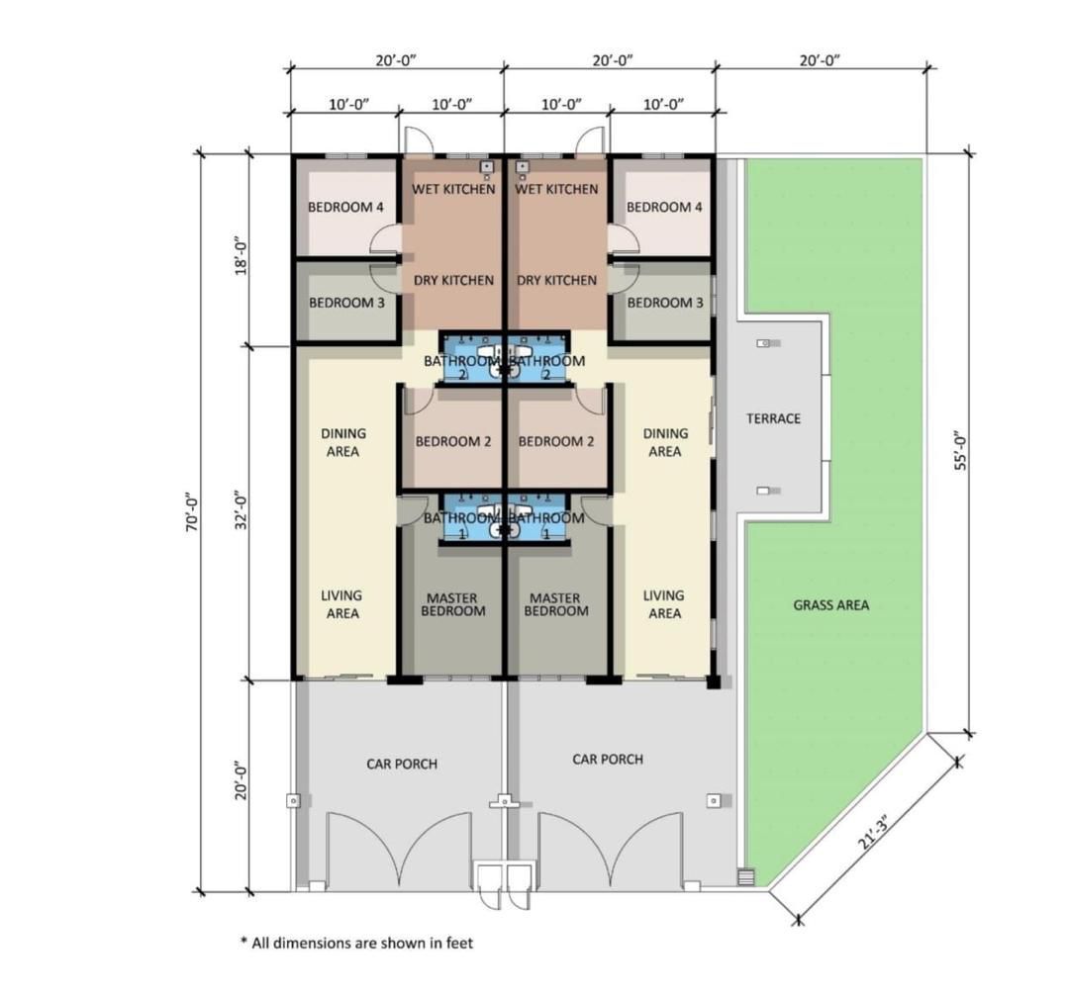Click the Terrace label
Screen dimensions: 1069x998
[773, 418]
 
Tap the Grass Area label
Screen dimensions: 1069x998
[831, 605]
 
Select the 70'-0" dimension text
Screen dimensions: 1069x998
[193, 511]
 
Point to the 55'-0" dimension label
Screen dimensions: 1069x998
[960, 450]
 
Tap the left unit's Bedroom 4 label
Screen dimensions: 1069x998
[345, 207]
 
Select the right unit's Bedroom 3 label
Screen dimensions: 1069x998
[665, 303]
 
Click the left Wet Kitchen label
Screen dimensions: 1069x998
[453, 189]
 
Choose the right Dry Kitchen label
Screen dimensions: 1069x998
[556, 280]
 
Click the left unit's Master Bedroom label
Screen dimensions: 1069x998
[452, 604]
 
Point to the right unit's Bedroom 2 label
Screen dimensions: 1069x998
[555, 441]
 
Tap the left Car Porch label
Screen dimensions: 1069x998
[402, 765]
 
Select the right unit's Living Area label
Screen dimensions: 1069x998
[664, 604]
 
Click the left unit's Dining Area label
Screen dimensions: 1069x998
[342, 442]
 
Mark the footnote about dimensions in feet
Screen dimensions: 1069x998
[356, 943]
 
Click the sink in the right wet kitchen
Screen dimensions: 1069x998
[523, 166]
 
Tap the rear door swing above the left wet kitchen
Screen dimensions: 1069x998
[419, 139]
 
